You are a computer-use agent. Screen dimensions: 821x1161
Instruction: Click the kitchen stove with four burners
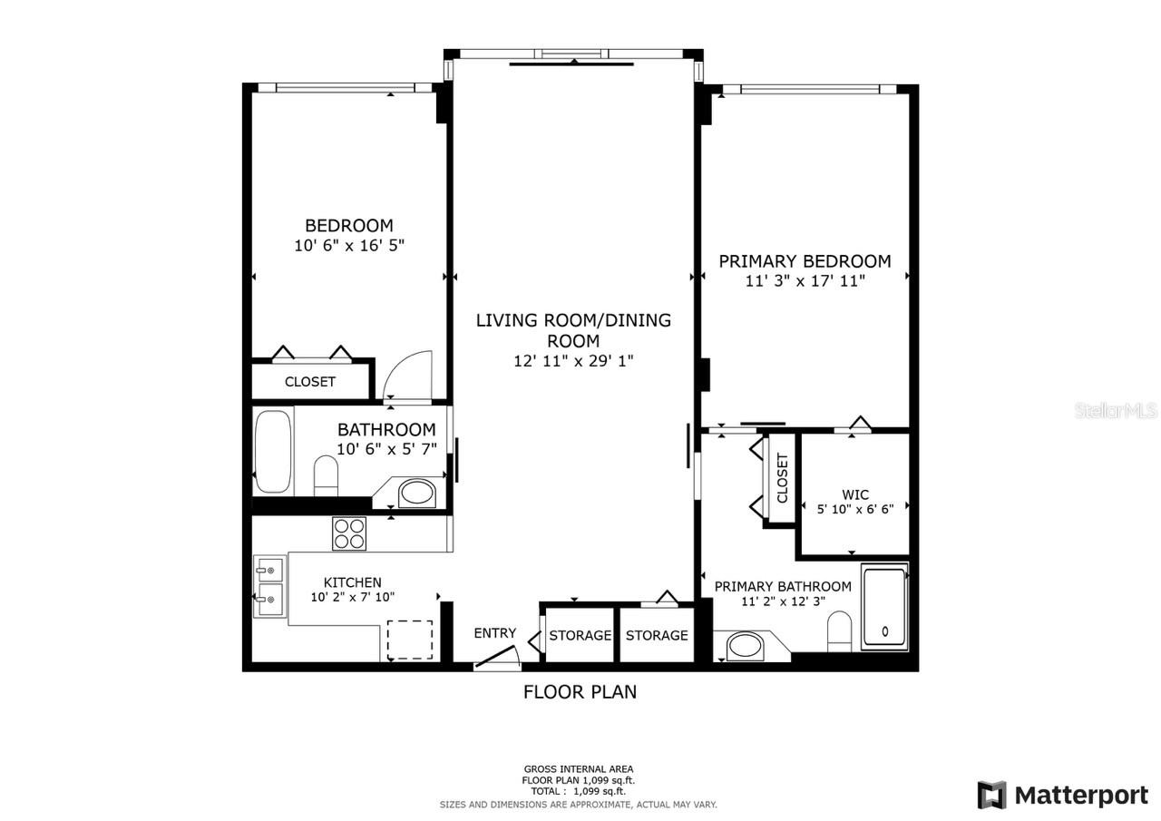349,533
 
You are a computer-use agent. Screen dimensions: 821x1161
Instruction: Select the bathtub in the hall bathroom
273,452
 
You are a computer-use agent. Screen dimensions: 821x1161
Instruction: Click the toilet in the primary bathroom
840,631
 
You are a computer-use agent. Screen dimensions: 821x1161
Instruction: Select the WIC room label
855,494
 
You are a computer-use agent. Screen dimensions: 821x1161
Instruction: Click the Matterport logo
1063,795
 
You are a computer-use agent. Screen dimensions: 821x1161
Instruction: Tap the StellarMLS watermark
1116,411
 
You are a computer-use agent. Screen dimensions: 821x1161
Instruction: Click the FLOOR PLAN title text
580,692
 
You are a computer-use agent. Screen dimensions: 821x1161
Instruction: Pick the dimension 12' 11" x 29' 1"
573,361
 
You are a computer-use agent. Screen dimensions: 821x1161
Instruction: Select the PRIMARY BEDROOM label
805,261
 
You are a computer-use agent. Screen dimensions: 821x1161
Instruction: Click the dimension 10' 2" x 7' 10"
352,597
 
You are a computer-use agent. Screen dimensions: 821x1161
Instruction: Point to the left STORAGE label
580,635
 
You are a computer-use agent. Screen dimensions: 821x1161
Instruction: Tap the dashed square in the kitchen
410,640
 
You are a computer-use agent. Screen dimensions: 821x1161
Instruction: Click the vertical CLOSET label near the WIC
782,478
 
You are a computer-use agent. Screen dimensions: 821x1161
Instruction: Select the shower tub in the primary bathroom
884,607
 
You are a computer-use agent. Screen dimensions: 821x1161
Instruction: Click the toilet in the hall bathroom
326,475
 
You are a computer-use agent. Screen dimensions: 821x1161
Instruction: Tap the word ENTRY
495,633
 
